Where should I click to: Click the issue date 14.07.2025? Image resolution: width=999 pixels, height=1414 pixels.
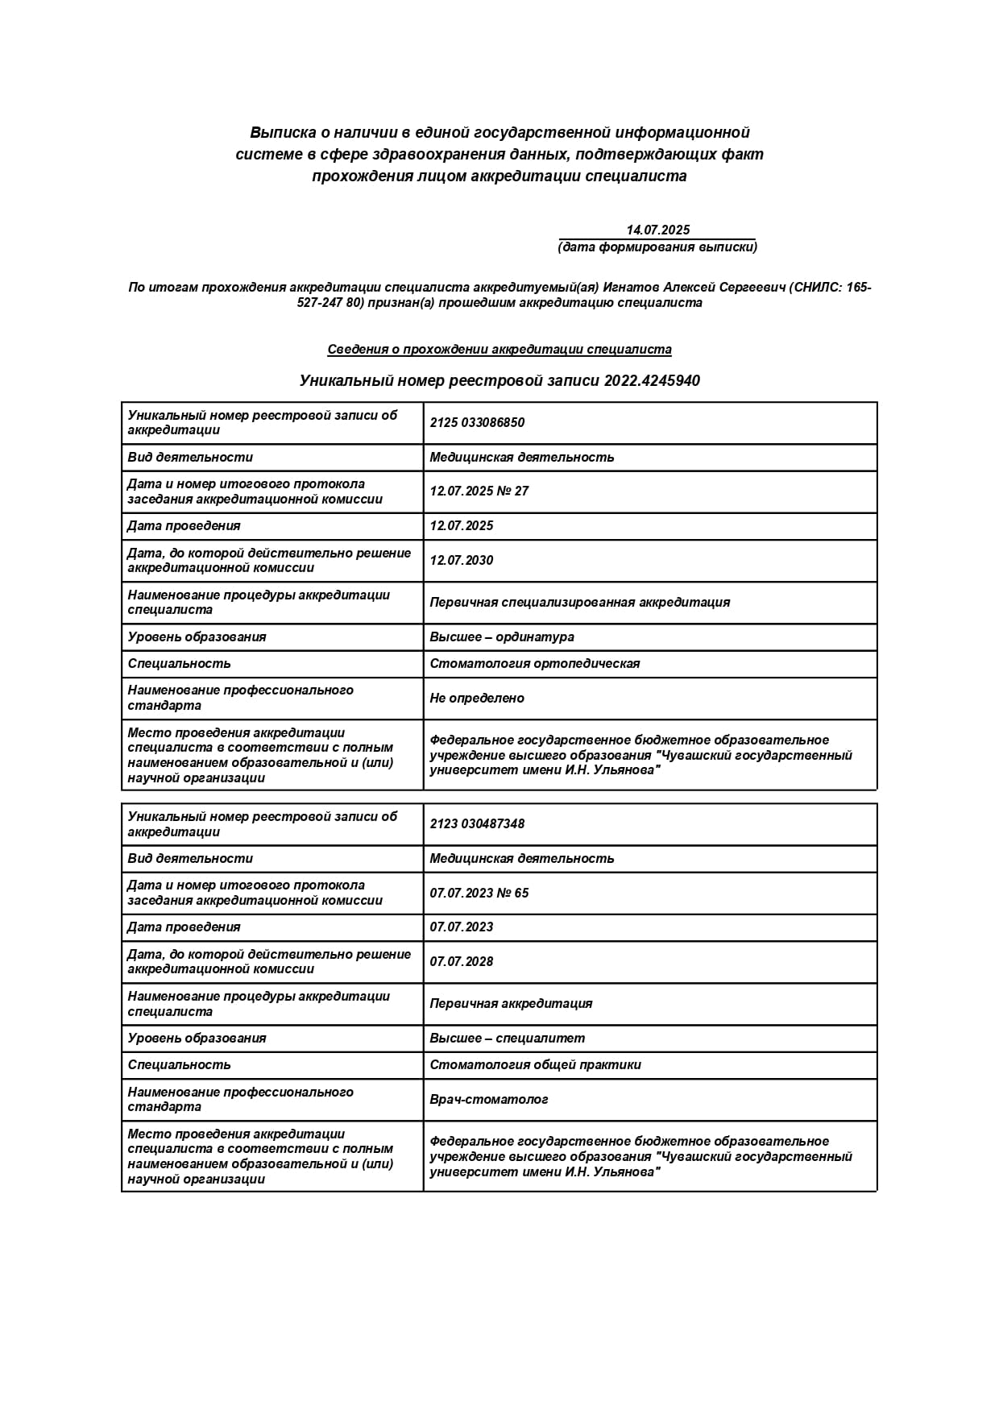pos(657,230)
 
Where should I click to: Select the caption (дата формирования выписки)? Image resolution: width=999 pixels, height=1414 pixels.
pos(657,247)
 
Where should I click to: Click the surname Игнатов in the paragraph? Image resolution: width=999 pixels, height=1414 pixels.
pos(632,288)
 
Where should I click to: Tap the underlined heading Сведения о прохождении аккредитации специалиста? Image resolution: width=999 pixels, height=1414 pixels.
pos(499,350)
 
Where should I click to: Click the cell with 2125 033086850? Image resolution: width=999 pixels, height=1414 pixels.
pos(477,423)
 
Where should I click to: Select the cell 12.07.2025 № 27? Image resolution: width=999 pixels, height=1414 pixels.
pos(479,491)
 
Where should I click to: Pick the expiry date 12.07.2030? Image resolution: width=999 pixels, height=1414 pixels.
pos(461,561)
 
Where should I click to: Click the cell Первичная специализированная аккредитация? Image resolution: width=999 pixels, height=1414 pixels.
pos(579,603)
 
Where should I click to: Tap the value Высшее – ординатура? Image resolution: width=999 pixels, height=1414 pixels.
pos(501,637)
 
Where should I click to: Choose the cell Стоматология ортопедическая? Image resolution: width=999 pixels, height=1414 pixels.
pos(534,664)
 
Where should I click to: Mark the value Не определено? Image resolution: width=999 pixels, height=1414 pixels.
pos(476,699)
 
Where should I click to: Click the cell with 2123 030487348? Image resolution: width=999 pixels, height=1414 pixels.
pos(477,824)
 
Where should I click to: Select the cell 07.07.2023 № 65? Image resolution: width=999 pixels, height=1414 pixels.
pos(479,893)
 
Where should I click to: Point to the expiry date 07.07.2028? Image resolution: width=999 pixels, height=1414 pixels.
pos(461,962)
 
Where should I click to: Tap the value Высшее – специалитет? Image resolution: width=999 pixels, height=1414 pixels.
pos(507,1039)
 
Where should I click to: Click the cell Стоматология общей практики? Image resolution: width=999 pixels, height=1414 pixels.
pos(535,1065)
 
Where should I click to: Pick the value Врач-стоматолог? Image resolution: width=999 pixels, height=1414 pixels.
pos(488,1100)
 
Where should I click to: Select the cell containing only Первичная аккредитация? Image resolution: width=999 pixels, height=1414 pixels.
pos(511,1004)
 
